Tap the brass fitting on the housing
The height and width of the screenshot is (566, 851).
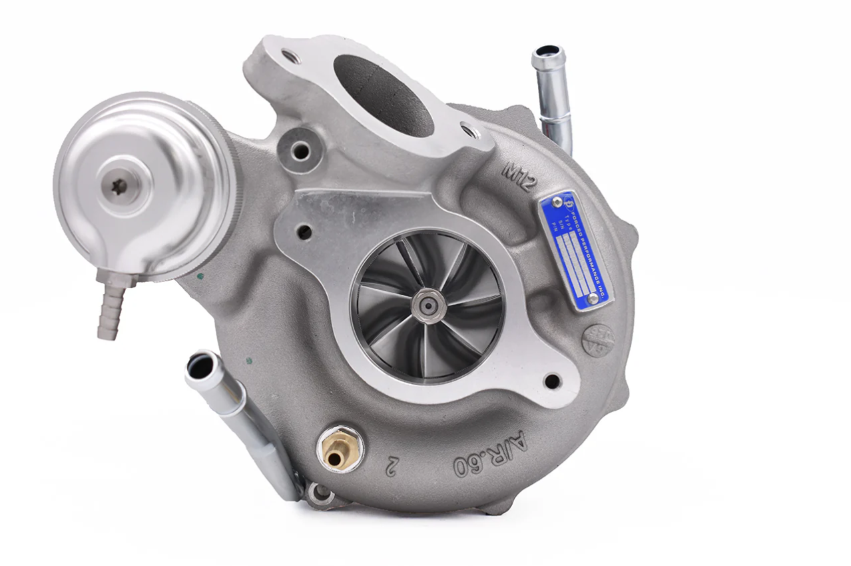[x=340, y=449]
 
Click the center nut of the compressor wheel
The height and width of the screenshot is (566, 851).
[x=427, y=305]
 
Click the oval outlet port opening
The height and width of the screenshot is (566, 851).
[x=382, y=94]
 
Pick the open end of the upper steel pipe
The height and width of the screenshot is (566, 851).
[x=549, y=53]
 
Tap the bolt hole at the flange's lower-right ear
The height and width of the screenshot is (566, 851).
[x=551, y=381]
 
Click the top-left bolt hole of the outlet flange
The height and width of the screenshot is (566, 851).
[x=291, y=57]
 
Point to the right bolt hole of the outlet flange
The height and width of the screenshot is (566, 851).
[x=470, y=131]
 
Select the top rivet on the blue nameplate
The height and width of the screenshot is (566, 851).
[x=557, y=202]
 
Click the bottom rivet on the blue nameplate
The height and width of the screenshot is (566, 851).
[x=592, y=299]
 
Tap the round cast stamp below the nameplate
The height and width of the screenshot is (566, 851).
[x=597, y=341]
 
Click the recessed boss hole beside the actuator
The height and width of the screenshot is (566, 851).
[x=300, y=151]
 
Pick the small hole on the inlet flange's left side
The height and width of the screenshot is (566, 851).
[x=304, y=232]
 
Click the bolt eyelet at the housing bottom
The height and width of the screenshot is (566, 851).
[x=321, y=493]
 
